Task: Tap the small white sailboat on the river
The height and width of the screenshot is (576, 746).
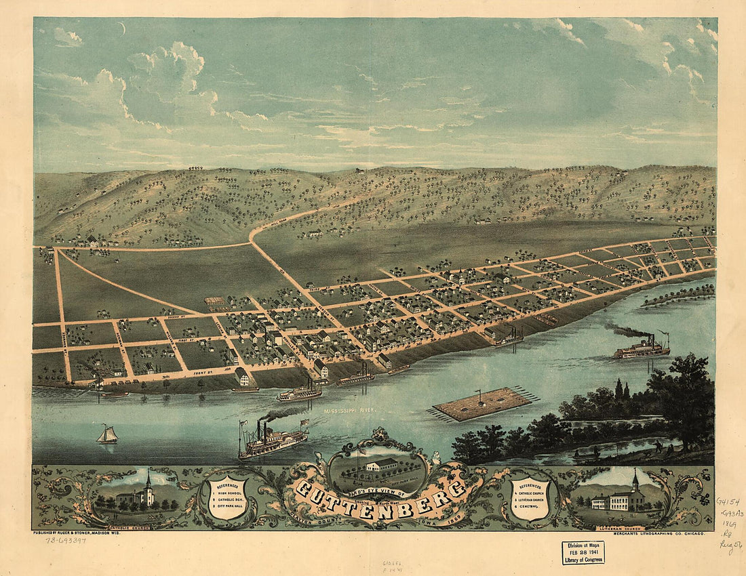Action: click(x=106, y=434)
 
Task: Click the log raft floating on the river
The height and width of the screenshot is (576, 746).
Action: click(x=482, y=403)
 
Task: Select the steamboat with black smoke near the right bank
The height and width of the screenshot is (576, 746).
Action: click(x=642, y=347)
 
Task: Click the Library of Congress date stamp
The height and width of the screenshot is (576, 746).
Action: click(x=583, y=552)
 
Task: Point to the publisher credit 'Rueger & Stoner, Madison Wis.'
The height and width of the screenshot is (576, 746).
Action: click(x=106, y=533)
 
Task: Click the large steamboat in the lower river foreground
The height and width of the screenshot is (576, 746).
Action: click(x=271, y=442)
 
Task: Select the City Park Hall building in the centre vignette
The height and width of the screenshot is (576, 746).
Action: click(x=381, y=465)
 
